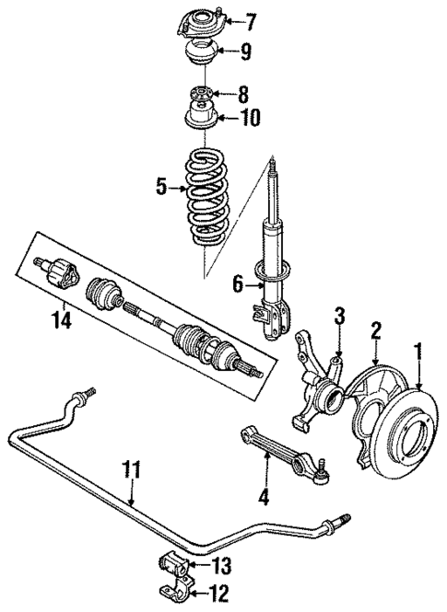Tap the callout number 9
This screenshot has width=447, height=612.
point(245,52)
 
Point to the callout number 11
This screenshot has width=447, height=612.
point(133,469)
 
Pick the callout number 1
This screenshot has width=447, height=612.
point(418,351)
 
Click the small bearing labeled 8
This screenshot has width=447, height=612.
point(200,95)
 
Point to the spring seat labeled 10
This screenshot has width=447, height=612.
point(200,118)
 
